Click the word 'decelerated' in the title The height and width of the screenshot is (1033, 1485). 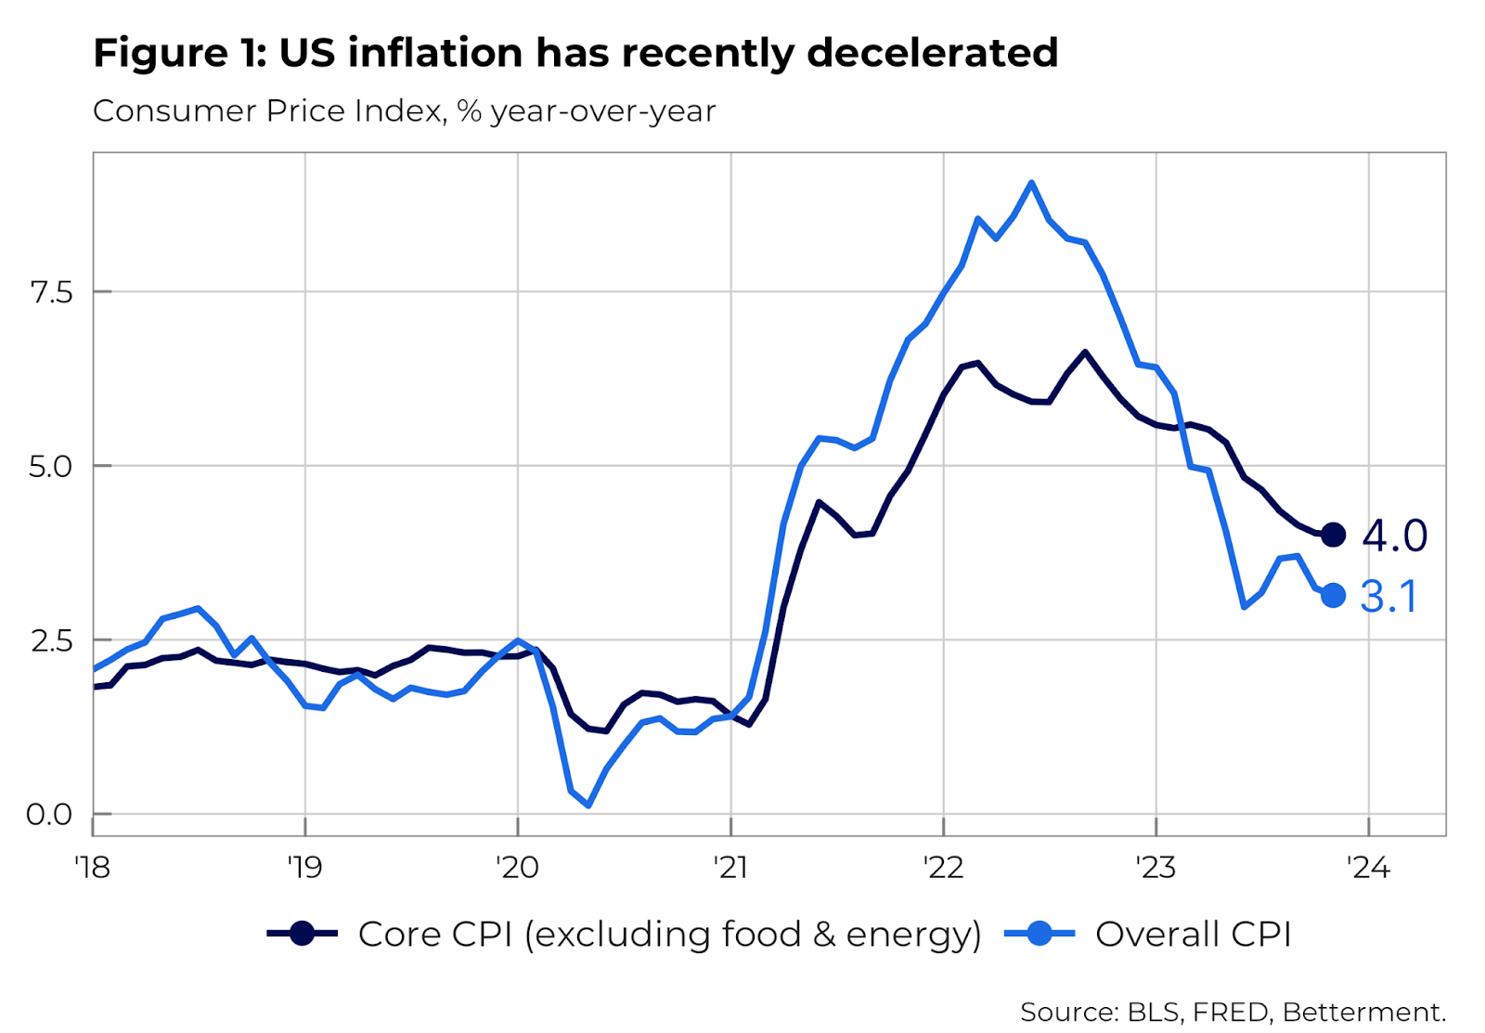click(932, 53)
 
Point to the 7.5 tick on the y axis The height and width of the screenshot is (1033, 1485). click(51, 292)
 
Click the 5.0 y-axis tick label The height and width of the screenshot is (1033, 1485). click(51, 466)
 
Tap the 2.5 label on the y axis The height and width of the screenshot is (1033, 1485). click(51, 640)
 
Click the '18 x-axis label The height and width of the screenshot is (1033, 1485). click(92, 868)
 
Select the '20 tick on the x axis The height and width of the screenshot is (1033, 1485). click(517, 868)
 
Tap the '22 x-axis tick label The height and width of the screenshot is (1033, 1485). click(943, 868)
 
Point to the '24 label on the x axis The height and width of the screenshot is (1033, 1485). click(1368, 868)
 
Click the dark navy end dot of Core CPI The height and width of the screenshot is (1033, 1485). click(1333, 535)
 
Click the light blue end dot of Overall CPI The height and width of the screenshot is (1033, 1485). click(1333, 596)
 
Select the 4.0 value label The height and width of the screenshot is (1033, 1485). click(1395, 536)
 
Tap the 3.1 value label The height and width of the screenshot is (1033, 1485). click(1388, 597)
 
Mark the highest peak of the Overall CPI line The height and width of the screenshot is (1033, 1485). click(1031, 183)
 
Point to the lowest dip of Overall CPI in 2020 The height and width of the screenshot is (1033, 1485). click(588, 805)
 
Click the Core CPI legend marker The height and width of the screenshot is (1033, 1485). click(302, 934)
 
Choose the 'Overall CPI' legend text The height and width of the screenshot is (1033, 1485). click(1193, 934)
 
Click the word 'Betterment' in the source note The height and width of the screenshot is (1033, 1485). click(1361, 1012)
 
